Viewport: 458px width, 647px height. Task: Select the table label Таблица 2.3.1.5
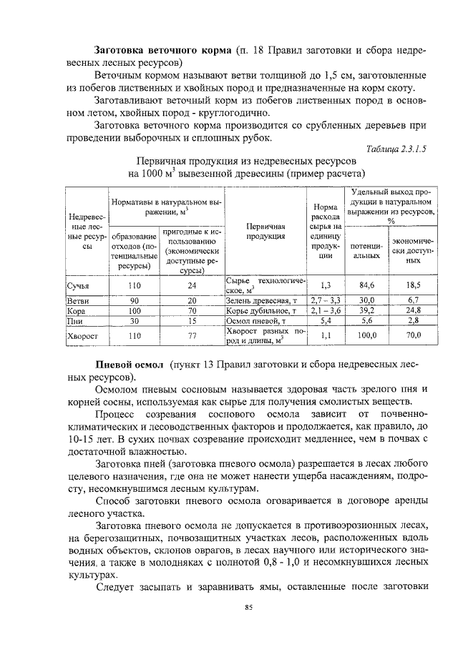tap(395, 149)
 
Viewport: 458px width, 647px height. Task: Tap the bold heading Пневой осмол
tap(130, 364)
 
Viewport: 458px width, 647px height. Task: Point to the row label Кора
tap(77, 311)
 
